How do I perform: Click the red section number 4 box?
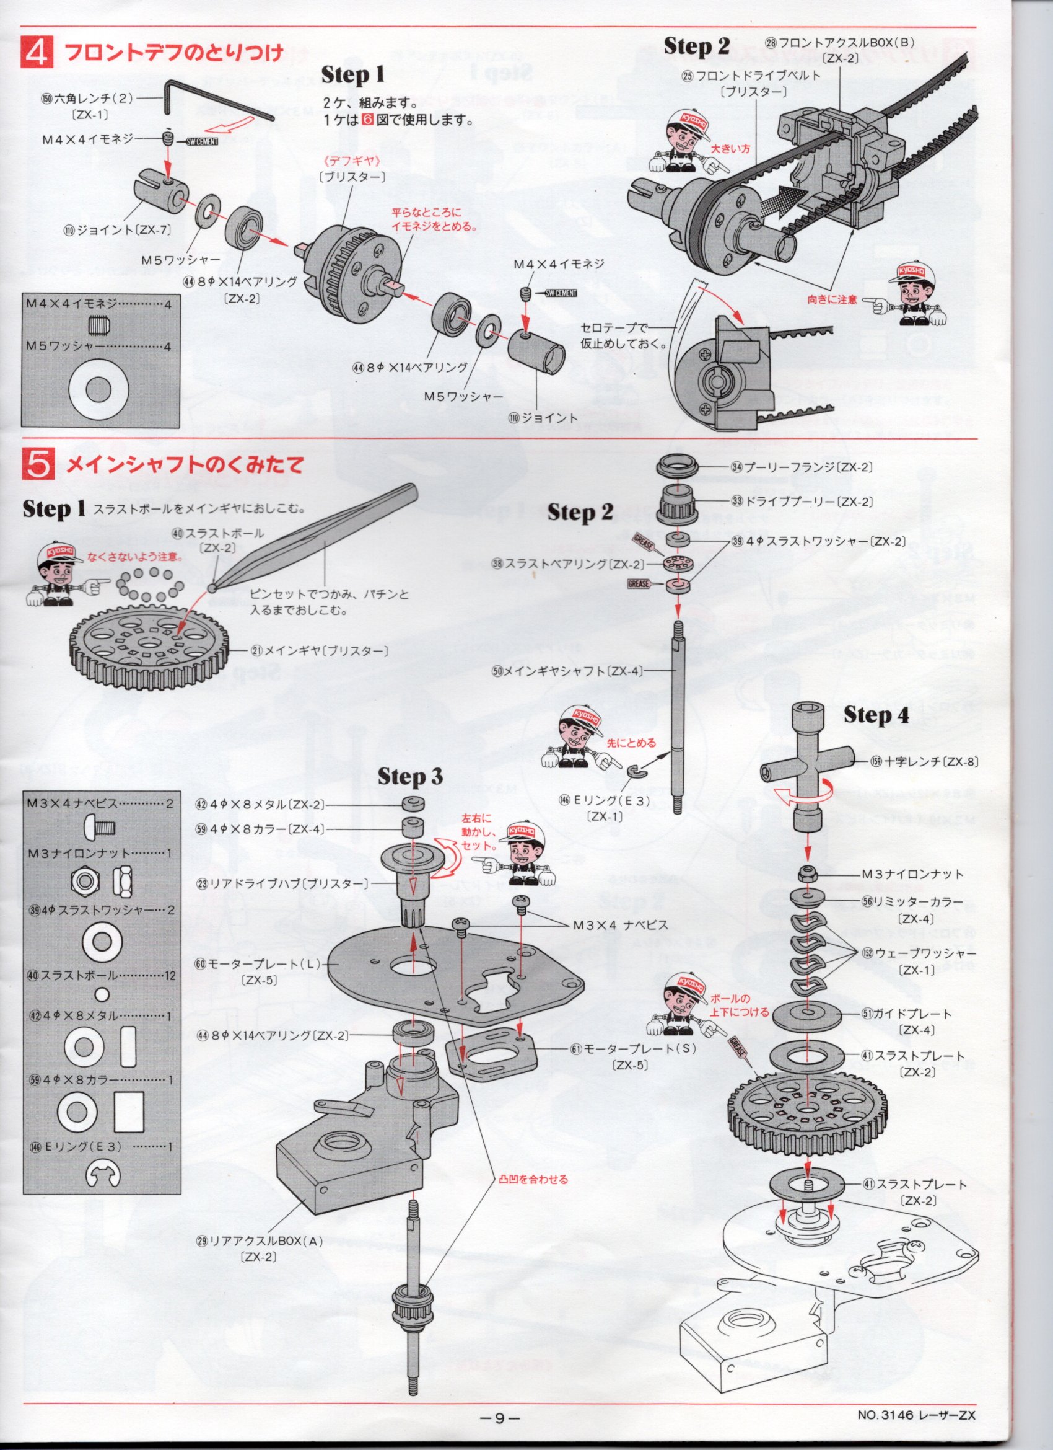[39, 53]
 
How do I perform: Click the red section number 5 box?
[39, 465]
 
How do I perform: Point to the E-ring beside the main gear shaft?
[636, 772]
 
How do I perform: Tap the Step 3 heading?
[410, 777]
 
